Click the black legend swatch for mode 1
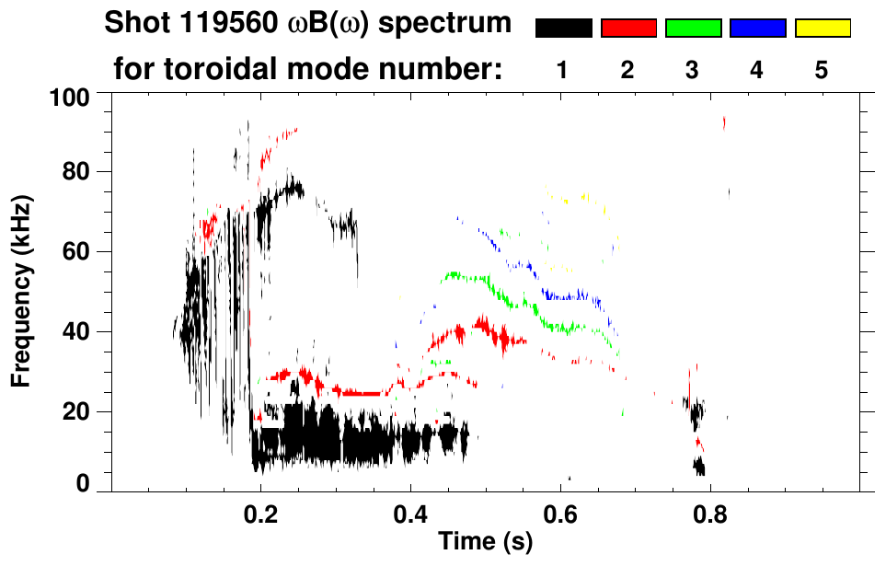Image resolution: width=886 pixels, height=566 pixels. pyautogui.click(x=563, y=29)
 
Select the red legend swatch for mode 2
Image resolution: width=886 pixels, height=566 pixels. pyautogui.click(x=628, y=29)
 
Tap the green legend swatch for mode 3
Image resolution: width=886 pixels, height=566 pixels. pyautogui.click(x=693, y=29)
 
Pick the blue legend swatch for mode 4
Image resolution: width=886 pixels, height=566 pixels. pyautogui.click(x=757, y=29)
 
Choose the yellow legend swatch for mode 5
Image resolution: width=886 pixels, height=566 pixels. pyautogui.click(x=822, y=29)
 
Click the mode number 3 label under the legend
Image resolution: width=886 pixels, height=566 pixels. pyautogui.click(x=693, y=70)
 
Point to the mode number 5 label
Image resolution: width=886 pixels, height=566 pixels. pyautogui.click(x=822, y=70)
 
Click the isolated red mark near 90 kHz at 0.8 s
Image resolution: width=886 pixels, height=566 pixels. pyautogui.click(x=725, y=122)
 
